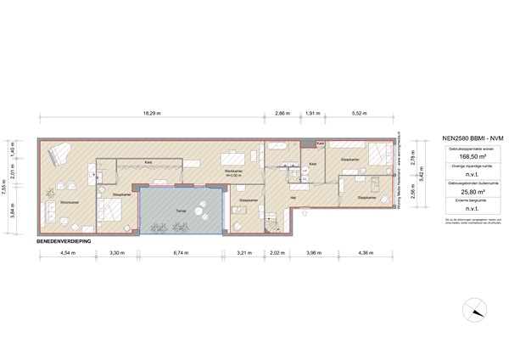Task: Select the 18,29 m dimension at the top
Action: point(152,113)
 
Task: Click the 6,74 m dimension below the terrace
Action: point(179,253)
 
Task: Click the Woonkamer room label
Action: point(59,202)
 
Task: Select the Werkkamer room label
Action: point(233,171)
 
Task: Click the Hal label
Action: point(293,197)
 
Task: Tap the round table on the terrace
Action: point(201,210)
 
